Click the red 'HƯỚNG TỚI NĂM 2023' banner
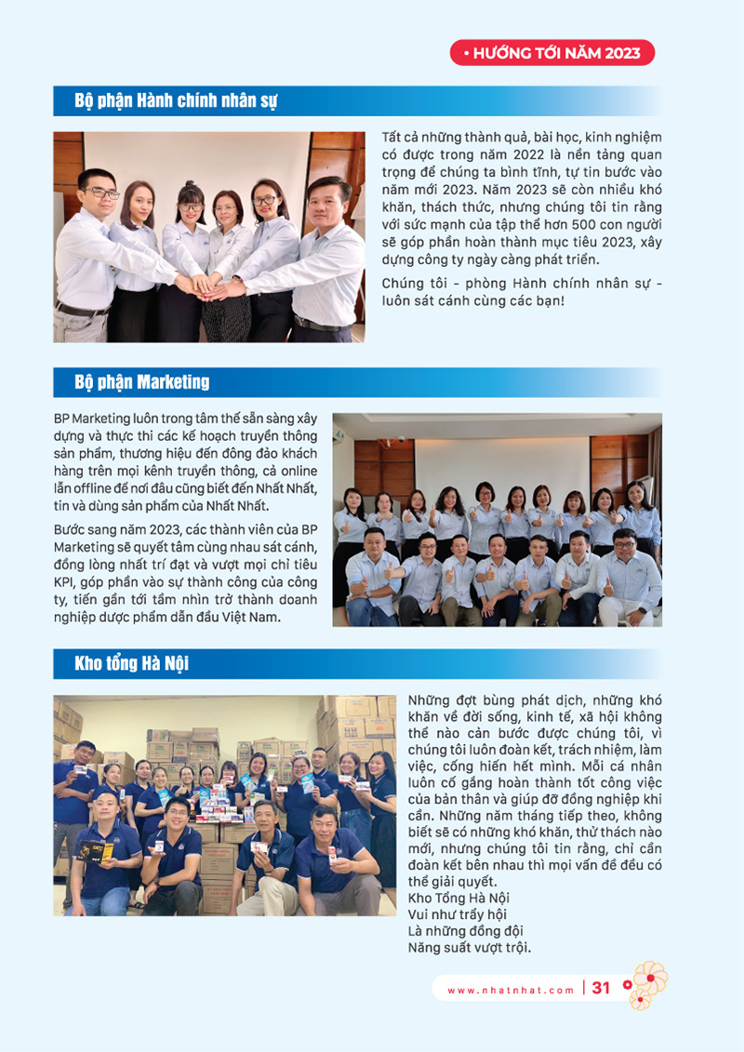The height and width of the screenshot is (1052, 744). (x=552, y=53)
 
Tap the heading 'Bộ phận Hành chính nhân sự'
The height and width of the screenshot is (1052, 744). (x=176, y=100)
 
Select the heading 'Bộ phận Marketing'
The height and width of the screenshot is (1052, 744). (x=141, y=382)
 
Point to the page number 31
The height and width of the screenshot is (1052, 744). (x=601, y=989)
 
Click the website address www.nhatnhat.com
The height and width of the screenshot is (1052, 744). (x=511, y=991)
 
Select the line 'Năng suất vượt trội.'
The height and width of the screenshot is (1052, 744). (x=469, y=948)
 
